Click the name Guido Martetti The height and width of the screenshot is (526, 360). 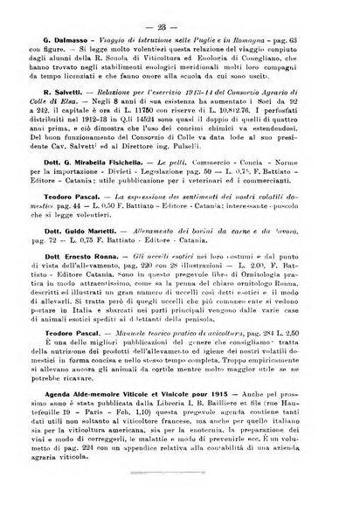point(92,253)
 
